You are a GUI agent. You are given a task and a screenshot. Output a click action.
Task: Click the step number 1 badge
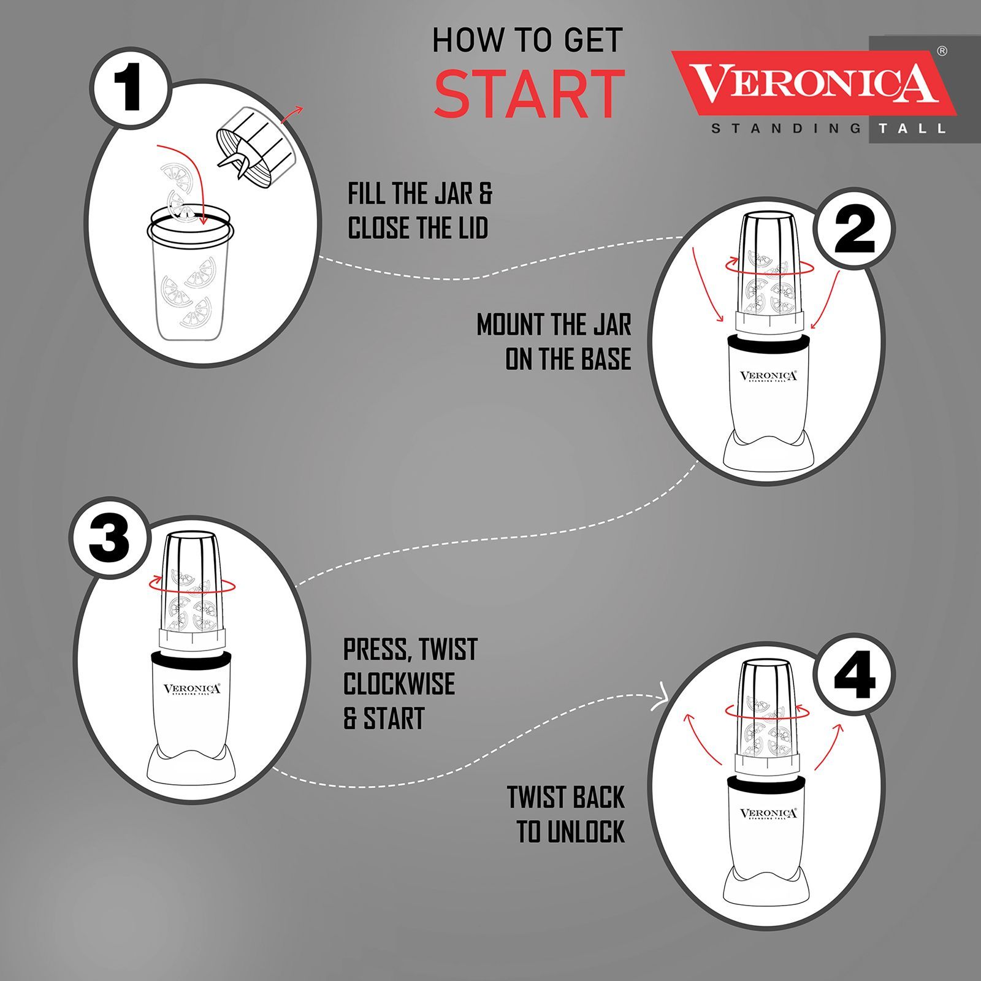pyautogui.click(x=130, y=88)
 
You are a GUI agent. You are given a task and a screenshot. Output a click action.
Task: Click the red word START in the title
pyautogui.click(x=529, y=94)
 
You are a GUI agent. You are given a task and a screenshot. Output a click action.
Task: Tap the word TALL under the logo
pyautogui.click(x=912, y=129)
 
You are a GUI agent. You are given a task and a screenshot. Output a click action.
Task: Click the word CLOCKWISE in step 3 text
pyautogui.click(x=399, y=684)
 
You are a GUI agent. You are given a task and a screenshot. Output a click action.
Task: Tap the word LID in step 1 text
pyautogui.click(x=471, y=228)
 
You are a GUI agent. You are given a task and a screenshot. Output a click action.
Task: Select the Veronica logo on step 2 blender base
pyautogui.click(x=768, y=376)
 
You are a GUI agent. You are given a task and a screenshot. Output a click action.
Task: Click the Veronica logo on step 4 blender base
pyautogui.click(x=768, y=814)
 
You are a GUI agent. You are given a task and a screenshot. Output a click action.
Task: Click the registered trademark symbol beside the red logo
pyautogui.click(x=942, y=52)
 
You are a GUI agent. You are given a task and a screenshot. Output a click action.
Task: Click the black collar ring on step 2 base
pyautogui.click(x=768, y=343)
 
